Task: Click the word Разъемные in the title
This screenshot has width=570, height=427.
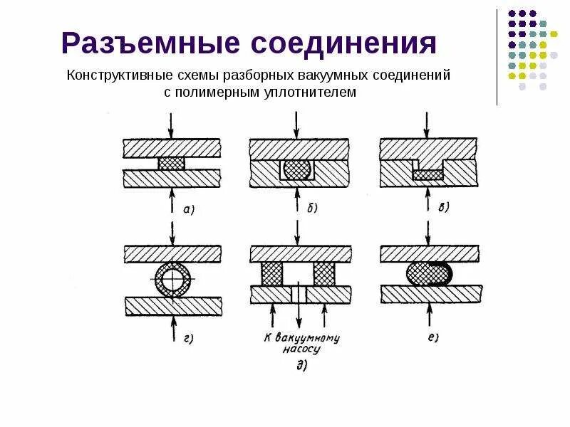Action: [x=149, y=43]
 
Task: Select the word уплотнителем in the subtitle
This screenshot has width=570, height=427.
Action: [x=316, y=93]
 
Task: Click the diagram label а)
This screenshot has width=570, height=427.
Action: [x=190, y=209]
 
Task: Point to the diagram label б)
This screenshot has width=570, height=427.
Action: [x=311, y=209]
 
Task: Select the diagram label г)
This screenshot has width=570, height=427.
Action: [x=190, y=338]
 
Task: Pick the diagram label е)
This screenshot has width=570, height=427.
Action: [x=432, y=338]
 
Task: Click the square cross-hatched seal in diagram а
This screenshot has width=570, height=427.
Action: [x=171, y=163]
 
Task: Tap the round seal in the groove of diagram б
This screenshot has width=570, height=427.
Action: [x=296, y=169]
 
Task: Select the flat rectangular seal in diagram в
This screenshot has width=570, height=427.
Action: [x=427, y=174]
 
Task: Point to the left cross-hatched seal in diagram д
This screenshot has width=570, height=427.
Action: [x=273, y=273]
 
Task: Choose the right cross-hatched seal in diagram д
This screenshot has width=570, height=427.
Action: [x=324, y=273]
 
